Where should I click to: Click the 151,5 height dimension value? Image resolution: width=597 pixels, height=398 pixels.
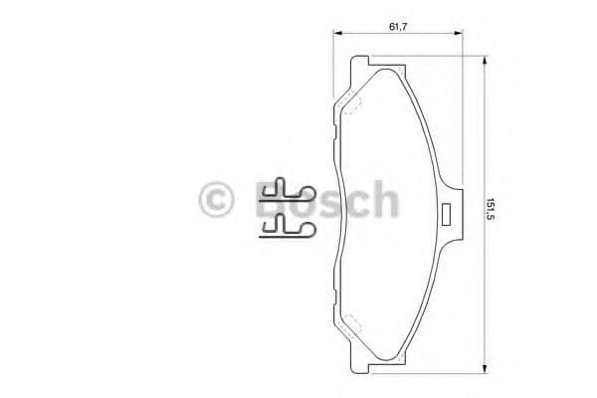(x=491, y=211)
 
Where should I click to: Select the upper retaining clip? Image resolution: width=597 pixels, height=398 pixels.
(x=287, y=191)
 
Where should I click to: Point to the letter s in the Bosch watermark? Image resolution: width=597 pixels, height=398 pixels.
(x=327, y=202)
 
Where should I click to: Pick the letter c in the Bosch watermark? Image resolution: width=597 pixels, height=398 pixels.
(x=354, y=202)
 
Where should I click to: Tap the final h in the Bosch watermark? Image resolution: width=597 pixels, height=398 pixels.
(x=383, y=200)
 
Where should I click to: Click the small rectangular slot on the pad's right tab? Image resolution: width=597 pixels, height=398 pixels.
(x=447, y=212)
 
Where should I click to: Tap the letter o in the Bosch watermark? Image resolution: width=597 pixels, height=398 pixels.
(x=299, y=202)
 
